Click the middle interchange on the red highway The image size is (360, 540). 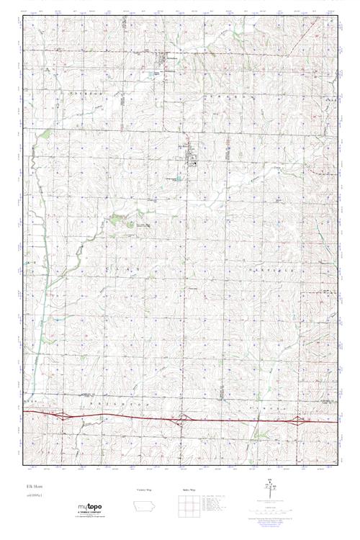[x=185, y=417]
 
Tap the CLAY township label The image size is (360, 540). [x=126, y=266]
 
